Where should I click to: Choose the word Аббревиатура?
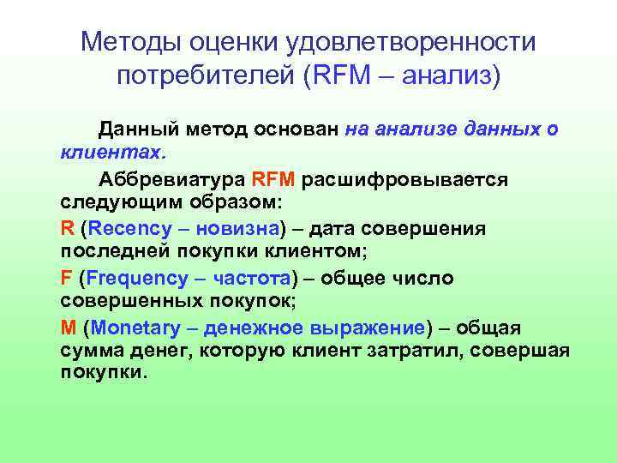pyautogui.click(x=172, y=180)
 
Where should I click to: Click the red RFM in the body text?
pyautogui.click(x=273, y=180)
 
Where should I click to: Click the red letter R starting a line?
pyautogui.click(x=68, y=229)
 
